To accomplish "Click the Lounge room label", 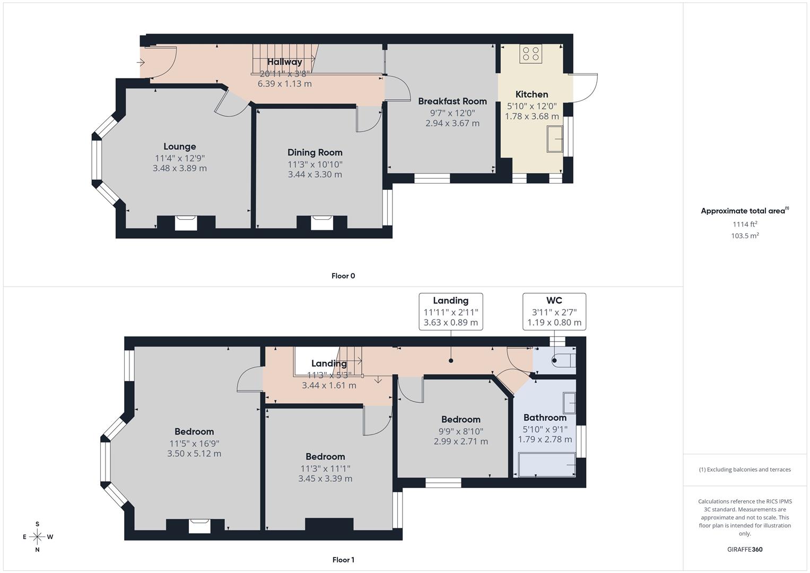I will pos(179,146).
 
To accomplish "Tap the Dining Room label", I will pos(315,152).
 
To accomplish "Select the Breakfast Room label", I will pos(452,101).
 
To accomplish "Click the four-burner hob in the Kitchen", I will pos(530,54).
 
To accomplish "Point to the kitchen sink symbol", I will pos(555,139).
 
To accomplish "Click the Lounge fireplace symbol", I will pos(186,222).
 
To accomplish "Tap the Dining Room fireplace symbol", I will pos(321,222).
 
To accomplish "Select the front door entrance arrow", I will pos(141,63).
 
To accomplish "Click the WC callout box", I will pos(554,311).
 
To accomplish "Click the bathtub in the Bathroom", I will pos(547,465).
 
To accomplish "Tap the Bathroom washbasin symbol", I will pos(569,403).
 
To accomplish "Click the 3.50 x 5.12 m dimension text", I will pos(194,454).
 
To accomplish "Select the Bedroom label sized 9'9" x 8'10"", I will pos(460,419).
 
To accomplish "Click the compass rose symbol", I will pos(37,537).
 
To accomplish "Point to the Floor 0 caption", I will pos(343,276).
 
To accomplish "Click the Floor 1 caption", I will pos(343,560).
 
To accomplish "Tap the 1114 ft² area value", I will pos(745,224).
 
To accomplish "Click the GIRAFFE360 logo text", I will pos(745,549).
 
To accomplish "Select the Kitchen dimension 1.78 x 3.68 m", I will pos(532,116).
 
